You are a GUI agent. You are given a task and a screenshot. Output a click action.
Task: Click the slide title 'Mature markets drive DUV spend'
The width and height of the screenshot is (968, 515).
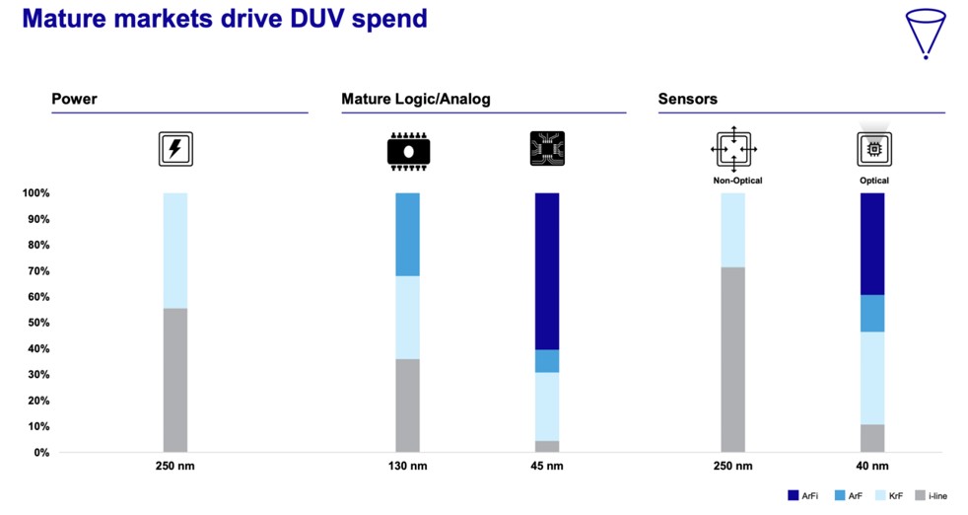click(224, 19)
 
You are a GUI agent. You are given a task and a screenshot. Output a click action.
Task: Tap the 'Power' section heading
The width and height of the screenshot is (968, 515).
click(74, 99)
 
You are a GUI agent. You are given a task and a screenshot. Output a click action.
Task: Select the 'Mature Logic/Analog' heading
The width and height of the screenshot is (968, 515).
click(415, 99)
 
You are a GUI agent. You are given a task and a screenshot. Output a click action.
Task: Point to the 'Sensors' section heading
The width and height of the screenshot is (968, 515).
click(687, 99)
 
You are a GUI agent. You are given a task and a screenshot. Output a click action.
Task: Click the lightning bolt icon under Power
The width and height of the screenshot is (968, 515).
click(175, 149)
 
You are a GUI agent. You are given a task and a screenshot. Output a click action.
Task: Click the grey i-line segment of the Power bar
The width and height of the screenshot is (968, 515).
click(175, 380)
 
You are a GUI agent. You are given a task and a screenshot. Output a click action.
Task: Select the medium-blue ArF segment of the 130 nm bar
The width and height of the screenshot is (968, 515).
click(407, 234)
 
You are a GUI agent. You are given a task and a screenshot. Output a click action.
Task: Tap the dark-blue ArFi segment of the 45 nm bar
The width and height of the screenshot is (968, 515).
click(547, 271)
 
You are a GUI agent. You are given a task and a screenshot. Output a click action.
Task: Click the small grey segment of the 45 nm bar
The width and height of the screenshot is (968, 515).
click(547, 446)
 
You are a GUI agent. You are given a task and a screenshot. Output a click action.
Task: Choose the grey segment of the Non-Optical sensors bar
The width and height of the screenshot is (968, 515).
click(732, 359)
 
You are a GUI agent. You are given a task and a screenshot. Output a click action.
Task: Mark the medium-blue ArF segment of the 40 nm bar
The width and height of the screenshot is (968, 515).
click(871, 313)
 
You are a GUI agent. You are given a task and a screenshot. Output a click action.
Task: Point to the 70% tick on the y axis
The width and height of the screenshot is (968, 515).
click(35, 271)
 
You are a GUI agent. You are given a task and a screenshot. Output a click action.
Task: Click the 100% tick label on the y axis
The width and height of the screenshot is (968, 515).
click(34, 193)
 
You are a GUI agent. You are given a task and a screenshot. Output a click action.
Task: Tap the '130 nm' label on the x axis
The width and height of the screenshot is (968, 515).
click(407, 467)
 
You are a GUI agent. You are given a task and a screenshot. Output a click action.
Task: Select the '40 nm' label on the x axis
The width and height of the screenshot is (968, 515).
click(871, 467)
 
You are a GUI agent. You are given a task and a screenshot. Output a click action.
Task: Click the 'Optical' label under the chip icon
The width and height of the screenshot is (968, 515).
click(873, 181)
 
